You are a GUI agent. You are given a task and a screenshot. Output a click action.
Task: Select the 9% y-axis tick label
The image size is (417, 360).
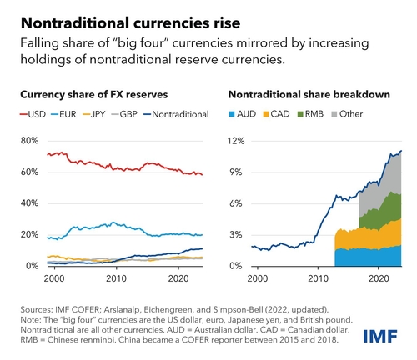point(239,172)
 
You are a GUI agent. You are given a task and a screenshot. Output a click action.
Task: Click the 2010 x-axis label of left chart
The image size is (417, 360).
point(116,277)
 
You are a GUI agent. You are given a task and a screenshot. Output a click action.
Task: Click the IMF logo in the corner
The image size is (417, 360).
point(384,336)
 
